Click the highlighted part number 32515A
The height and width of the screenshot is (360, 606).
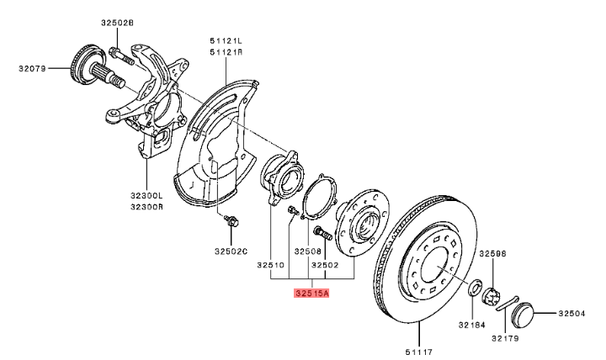(x=311, y=294)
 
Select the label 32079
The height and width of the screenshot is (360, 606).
(x=32, y=69)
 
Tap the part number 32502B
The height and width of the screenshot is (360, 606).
(x=117, y=23)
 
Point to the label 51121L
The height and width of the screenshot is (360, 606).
(x=226, y=40)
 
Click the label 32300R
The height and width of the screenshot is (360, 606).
(x=146, y=207)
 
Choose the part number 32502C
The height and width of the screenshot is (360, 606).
(x=231, y=251)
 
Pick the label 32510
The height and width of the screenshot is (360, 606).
(x=270, y=265)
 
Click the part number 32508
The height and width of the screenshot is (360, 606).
(x=308, y=251)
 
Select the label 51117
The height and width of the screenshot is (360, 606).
(x=419, y=352)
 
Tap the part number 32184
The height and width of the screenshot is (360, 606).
(x=472, y=325)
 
